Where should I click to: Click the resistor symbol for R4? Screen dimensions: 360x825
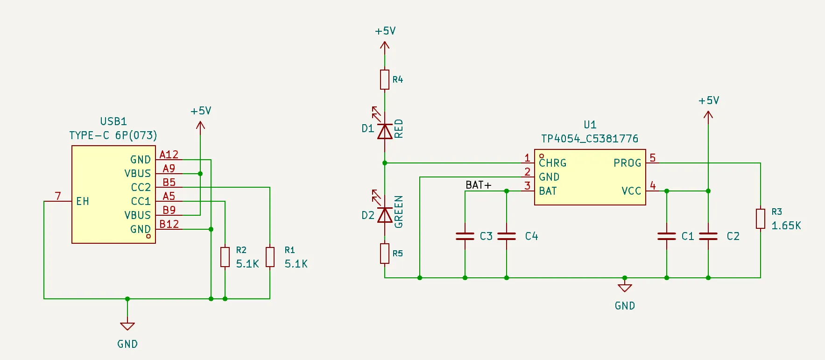(x=384, y=79)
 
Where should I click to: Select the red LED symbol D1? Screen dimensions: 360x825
(x=384, y=132)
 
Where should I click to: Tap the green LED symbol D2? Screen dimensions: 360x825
(x=384, y=215)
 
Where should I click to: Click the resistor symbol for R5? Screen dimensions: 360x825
(x=384, y=253)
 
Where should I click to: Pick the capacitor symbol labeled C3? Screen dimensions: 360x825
(x=465, y=236)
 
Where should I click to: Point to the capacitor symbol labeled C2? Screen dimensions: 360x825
(x=708, y=236)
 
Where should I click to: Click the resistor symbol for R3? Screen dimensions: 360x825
(x=760, y=219)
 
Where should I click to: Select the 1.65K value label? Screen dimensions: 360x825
(x=786, y=226)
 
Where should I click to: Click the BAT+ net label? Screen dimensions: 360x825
(x=478, y=185)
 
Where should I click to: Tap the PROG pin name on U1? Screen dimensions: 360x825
(x=627, y=163)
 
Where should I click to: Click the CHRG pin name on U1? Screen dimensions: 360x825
(x=552, y=163)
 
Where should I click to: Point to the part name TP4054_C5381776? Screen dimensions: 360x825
(x=589, y=139)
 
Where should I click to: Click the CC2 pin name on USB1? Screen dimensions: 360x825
(x=141, y=187)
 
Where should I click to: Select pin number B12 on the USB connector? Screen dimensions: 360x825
(x=169, y=224)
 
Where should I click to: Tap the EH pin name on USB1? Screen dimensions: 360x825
(x=83, y=201)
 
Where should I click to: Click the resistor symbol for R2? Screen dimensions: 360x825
(x=225, y=257)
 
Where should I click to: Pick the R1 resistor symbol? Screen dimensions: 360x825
(x=269, y=257)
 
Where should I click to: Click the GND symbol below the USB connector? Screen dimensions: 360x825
(x=127, y=326)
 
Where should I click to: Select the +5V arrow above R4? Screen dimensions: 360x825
(x=384, y=46)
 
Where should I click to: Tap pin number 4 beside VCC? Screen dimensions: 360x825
(x=653, y=186)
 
